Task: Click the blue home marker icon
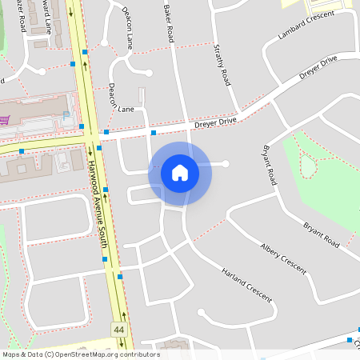click(x=180, y=172)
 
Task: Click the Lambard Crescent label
click(x=306, y=26)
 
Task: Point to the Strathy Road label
click(x=222, y=66)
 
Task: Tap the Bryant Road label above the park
click(x=268, y=165)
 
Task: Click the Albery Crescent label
click(x=283, y=258)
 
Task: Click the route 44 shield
click(x=119, y=329)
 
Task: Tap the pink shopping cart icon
click(x=4, y=121)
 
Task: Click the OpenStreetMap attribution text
click(x=81, y=354)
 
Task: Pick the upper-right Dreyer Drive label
click(x=318, y=67)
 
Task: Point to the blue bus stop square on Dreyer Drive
click(x=154, y=134)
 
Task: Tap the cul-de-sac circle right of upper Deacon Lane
click(x=149, y=73)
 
